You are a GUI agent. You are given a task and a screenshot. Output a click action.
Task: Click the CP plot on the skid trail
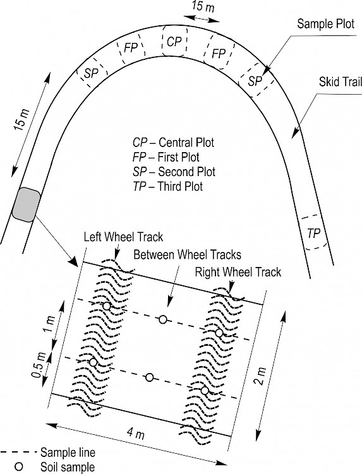[174, 41]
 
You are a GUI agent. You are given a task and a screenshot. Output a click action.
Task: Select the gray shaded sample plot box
[27, 204]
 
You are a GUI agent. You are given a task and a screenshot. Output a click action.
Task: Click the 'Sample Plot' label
[325, 23]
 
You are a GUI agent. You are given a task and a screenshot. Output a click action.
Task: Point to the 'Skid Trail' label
[341, 81]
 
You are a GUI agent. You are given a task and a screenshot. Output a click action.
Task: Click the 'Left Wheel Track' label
[123, 237]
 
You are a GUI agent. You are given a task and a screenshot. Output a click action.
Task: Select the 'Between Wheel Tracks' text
[187, 254]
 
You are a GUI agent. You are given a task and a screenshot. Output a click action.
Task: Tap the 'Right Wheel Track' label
[238, 272]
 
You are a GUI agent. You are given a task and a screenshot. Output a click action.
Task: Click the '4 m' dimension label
[136, 434]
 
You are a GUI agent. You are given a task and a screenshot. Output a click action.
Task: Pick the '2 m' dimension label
[261, 376]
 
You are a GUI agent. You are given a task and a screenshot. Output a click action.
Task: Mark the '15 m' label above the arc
[203, 7]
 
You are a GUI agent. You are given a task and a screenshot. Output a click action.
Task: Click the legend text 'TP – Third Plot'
[167, 186]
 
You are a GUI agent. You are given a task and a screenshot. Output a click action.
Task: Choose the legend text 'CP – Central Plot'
[173, 143]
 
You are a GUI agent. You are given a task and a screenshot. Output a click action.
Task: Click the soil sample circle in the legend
[19, 466]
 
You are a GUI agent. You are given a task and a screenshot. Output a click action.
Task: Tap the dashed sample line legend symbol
[19, 453]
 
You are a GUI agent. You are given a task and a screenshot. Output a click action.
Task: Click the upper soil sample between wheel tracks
[163, 319]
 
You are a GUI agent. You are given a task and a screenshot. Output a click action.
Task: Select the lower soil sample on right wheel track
[205, 391]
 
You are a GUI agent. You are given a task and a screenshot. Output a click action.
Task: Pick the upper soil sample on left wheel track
[107, 306]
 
